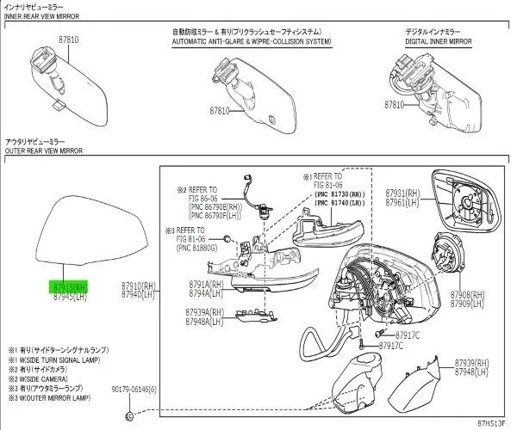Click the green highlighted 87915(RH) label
coord(71,287)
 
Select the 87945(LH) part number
coord(71,296)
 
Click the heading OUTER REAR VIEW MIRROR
coord(45,150)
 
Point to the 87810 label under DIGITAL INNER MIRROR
coord(395,104)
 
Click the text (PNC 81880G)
coord(197,249)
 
